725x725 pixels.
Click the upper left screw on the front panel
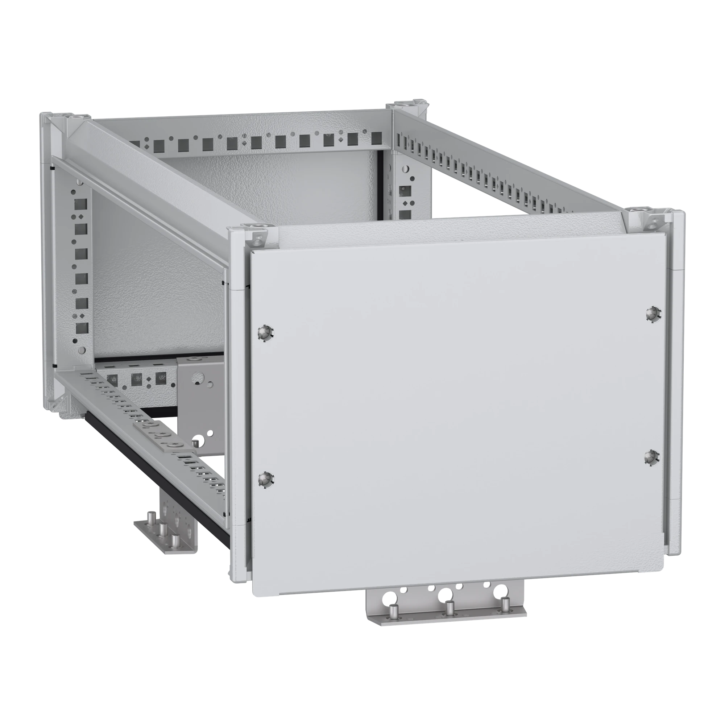pos(266,332)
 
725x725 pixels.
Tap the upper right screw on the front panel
pos(653,313)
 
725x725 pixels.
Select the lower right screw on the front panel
pos(652,458)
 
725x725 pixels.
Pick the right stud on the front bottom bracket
pos(505,614)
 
